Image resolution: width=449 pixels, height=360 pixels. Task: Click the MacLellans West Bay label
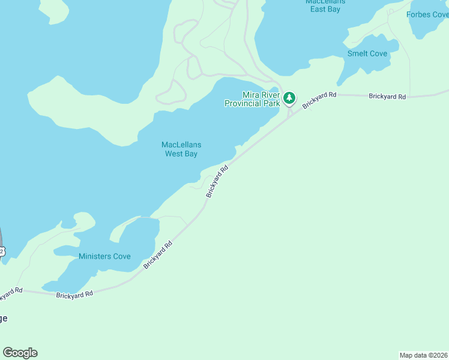coord(181,149)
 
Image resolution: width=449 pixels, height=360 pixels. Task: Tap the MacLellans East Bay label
coord(325,5)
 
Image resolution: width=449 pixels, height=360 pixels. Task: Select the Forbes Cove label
coord(427,14)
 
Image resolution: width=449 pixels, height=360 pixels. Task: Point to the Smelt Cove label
coord(367,53)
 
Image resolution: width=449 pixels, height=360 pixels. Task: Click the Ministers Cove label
coord(104,256)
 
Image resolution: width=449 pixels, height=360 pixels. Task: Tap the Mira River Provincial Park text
coord(252,99)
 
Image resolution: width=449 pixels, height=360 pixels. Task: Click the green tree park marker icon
coord(289,97)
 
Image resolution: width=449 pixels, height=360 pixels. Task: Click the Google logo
coord(20,353)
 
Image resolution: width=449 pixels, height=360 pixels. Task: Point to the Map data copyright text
coord(424,355)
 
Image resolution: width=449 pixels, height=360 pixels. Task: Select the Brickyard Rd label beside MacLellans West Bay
coord(217,182)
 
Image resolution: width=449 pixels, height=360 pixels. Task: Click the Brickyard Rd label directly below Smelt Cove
coord(387,96)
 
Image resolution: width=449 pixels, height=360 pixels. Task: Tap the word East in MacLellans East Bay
coord(318,10)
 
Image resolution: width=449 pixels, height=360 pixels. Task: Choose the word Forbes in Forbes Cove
coord(419,14)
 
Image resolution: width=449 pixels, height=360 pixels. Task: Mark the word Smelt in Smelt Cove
coord(358,53)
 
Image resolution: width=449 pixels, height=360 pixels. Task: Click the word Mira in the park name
coord(250,95)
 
